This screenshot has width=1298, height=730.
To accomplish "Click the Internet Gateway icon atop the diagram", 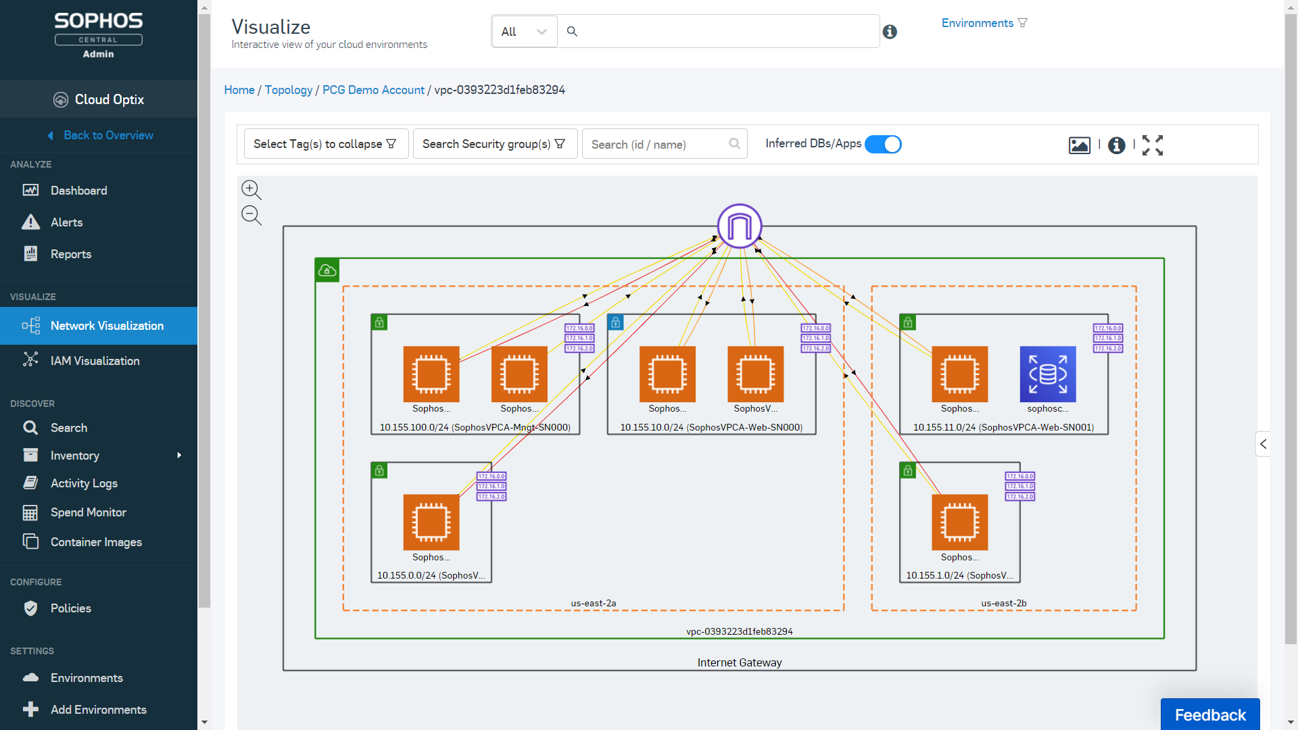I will [x=740, y=226].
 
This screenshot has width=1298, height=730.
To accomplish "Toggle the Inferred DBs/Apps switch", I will [x=883, y=145].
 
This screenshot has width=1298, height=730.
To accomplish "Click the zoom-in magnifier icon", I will [x=251, y=190].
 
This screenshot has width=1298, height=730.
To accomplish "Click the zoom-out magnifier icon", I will [x=251, y=216].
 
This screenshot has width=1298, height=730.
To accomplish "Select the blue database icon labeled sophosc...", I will [x=1047, y=374].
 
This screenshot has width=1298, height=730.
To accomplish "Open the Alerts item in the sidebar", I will [x=66, y=222].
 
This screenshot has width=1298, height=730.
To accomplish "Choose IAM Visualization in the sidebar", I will [x=95, y=361].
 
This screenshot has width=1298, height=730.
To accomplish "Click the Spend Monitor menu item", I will [x=88, y=512].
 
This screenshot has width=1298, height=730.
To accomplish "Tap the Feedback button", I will [x=1209, y=714].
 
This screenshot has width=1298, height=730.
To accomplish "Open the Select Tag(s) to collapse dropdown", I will [x=325, y=144].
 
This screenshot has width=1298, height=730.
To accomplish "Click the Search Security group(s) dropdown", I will [x=494, y=144].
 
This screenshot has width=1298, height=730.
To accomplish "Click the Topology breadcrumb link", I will [x=289, y=90].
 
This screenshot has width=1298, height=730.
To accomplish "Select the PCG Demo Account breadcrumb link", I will [x=373, y=90].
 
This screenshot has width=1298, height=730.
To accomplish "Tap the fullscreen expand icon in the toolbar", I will [x=1153, y=145].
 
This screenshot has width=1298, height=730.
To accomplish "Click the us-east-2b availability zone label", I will [x=1003, y=603].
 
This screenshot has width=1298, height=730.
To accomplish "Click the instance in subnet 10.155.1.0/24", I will [x=959, y=522].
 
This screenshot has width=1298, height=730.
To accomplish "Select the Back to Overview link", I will [x=108, y=135].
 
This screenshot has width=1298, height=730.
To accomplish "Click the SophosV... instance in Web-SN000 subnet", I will [x=755, y=374].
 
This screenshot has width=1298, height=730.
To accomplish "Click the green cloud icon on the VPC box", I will [x=327, y=270].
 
